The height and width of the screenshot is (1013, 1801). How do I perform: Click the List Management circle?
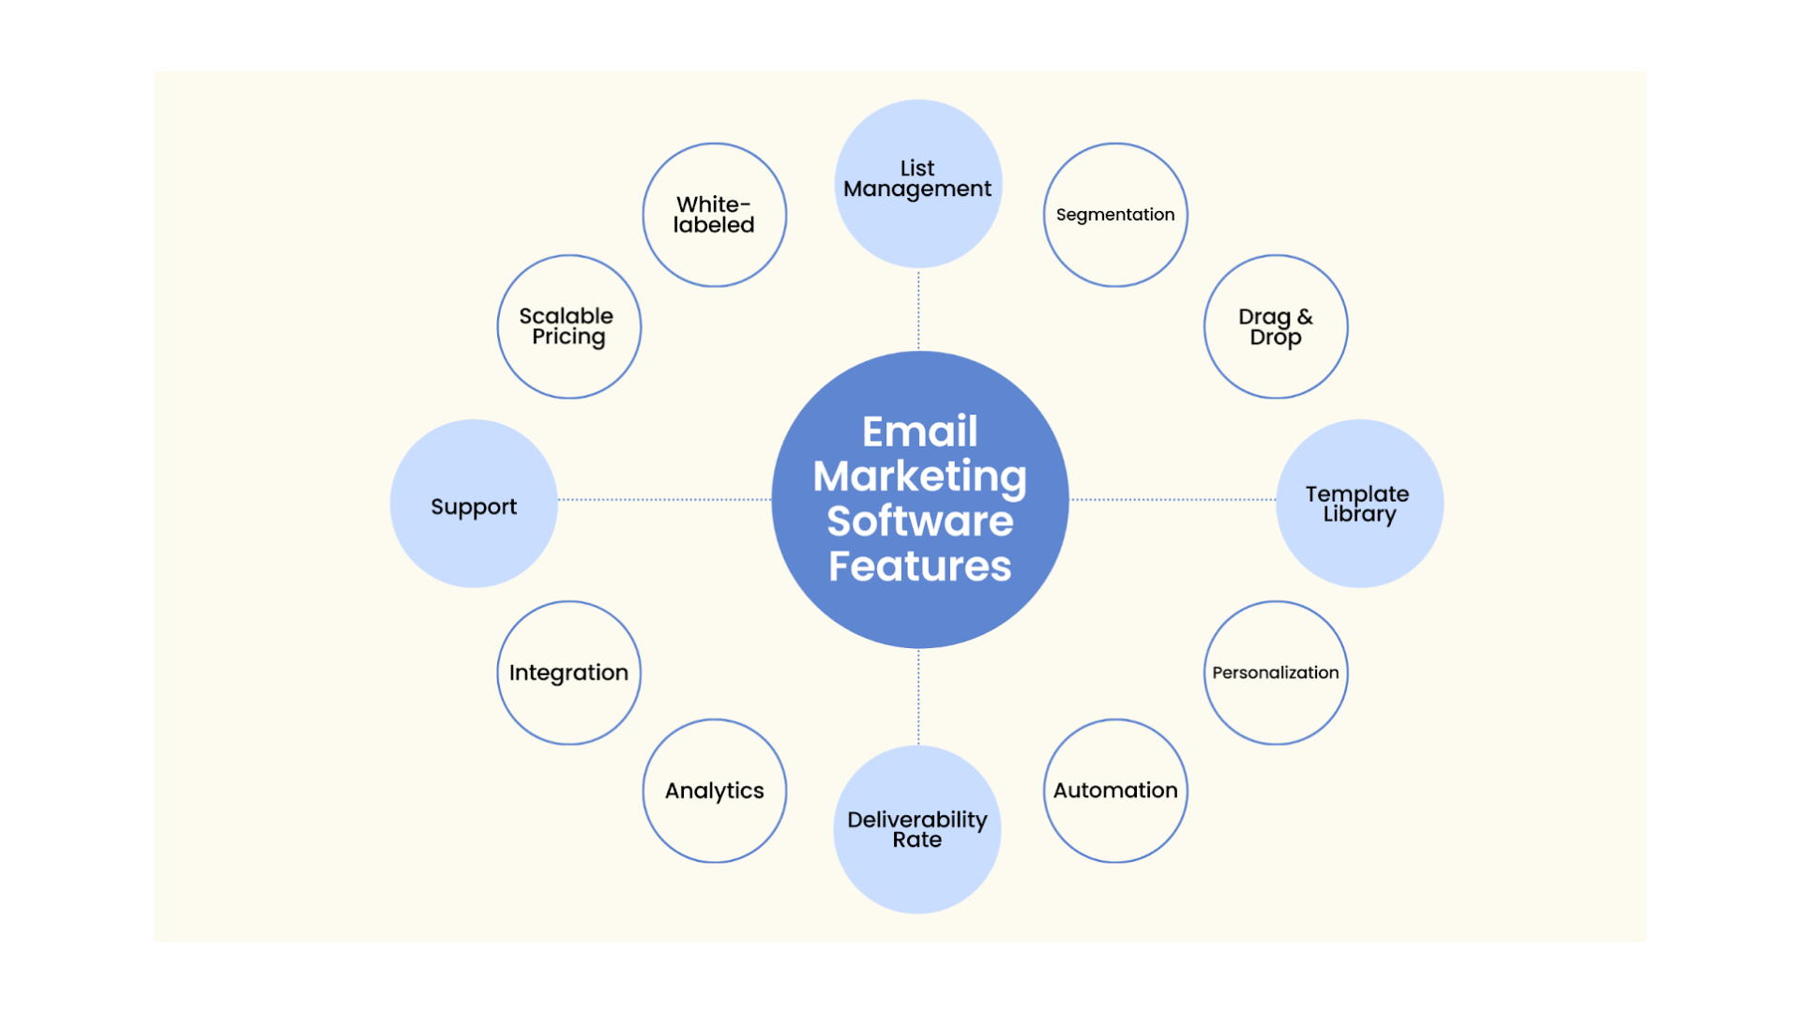click(x=917, y=183)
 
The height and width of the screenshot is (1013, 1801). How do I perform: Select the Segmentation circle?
click(x=1115, y=215)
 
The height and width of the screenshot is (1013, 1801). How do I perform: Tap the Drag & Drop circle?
click(x=1276, y=326)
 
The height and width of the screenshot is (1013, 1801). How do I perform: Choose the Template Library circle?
click(x=1359, y=504)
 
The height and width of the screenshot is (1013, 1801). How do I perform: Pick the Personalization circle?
click(x=1276, y=673)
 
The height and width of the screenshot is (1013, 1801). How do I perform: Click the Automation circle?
click(x=1115, y=791)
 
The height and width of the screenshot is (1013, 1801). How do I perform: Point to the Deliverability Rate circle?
click(x=917, y=829)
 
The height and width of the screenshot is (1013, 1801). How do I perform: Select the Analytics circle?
click(x=715, y=791)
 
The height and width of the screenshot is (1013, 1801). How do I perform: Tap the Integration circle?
click(x=569, y=673)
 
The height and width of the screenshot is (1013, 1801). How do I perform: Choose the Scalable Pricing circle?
click(x=569, y=326)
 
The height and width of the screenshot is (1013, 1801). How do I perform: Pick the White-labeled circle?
click(x=715, y=215)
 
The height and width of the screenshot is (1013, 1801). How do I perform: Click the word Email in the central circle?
click(x=920, y=432)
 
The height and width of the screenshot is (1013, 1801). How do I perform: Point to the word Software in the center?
click(x=920, y=522)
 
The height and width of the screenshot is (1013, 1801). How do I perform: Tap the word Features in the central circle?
click(x=920, y=567)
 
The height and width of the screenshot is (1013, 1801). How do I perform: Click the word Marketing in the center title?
click(x=920, y=477)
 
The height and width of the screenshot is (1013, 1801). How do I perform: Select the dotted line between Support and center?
click(x=664, y=500)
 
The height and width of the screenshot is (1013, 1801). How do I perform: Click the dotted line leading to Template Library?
click(x=1173, y=500)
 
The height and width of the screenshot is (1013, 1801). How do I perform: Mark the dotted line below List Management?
click(x=918, y=310)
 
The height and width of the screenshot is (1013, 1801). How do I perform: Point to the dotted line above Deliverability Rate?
click(x=918, y=697)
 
